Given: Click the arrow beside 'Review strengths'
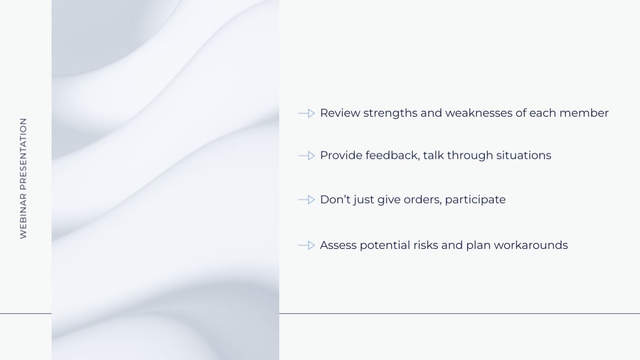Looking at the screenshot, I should pos(306,113).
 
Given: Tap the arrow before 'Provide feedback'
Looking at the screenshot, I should pos(306,156).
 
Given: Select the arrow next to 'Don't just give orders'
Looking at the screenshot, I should pos(306,200).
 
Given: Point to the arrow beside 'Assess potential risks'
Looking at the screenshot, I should pos(306,245).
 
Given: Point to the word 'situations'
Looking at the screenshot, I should pos(524,155).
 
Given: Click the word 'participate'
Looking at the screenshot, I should pos(475,200).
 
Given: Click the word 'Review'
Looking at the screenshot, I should pos(340,113).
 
